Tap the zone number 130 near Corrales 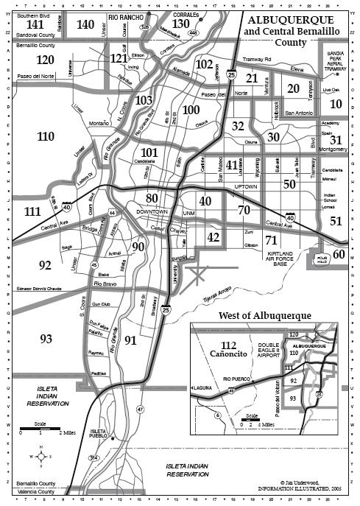[x=181, y=24]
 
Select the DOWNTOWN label [x=152, y=212]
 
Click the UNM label [x=188, y=214]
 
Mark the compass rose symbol [x=41, y=456]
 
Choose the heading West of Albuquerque [x=265, y=316]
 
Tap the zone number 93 [x=46, y=339]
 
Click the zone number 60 [x=339, y=254]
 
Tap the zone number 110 [x=46, y=136]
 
